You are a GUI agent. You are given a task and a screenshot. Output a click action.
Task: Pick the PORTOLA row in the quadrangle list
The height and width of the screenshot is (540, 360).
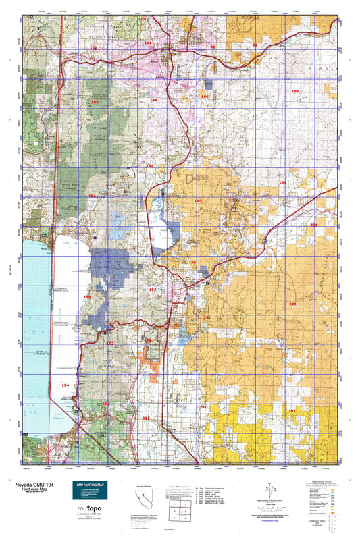[x=213, y=490]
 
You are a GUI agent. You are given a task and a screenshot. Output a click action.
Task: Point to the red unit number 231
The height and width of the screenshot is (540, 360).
[x=313, y=225]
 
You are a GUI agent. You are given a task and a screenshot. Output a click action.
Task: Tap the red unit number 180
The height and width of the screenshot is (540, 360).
[x=93, y=49]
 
